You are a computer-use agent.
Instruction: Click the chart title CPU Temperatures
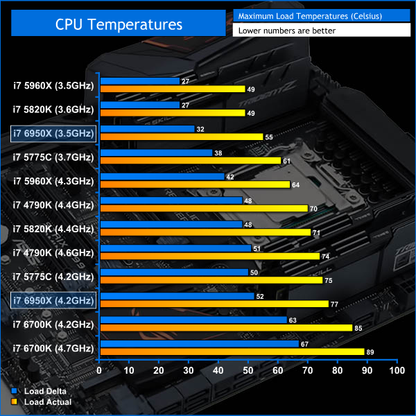click(119, 25)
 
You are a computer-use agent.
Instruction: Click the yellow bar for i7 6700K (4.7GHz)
click(232, 352)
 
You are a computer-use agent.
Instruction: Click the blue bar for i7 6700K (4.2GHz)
click(193, 320)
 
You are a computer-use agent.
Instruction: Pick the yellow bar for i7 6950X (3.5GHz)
click(182, 137)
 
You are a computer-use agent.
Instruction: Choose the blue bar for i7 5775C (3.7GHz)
click(156, 153)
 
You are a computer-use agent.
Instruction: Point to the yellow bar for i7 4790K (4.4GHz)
click(204, 208)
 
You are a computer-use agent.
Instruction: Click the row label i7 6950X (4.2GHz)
click(53, 300)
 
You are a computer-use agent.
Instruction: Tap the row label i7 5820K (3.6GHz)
click(53, 109)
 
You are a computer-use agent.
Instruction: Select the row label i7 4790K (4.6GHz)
click(53, 252)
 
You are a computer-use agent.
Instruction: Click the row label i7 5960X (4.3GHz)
click(53, 181)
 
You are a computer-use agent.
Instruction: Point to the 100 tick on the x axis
click(397, 371)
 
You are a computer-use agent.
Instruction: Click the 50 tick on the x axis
click(248, 371)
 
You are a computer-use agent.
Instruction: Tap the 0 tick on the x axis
click(100, 371)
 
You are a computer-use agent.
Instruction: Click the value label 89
click(371, 352)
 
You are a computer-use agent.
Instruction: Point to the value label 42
click(231, 177)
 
